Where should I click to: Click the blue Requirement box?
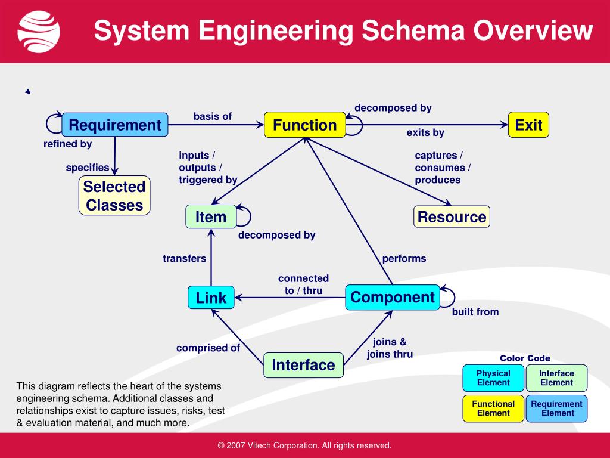(x=114, y=125)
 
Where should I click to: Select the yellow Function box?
(x=304, y=125)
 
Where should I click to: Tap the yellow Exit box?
(x=528, y=125)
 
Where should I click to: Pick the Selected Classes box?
(x=114, y=196)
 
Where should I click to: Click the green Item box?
(x=211, y=217)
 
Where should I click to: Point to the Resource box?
(x=452, y=217)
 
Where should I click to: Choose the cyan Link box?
(x=211, y=298)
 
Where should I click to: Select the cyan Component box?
(x=393, y=298)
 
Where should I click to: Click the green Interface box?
(x=303, y=364)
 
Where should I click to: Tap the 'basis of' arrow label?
(x=213, y=116)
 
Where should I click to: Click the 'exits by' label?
(x=425, y=132)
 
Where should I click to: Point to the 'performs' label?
(x=404, y=259)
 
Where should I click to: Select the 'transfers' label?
(x=185, y=259)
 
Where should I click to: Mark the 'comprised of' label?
(x=208, y=348)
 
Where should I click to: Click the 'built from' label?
(x=475, y=312)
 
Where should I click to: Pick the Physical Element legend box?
(x=493, y=378)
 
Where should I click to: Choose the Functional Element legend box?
(x=493, y=409)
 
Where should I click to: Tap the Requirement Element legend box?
(x=556, y=409)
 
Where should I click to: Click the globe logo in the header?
(x=39, y=31)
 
